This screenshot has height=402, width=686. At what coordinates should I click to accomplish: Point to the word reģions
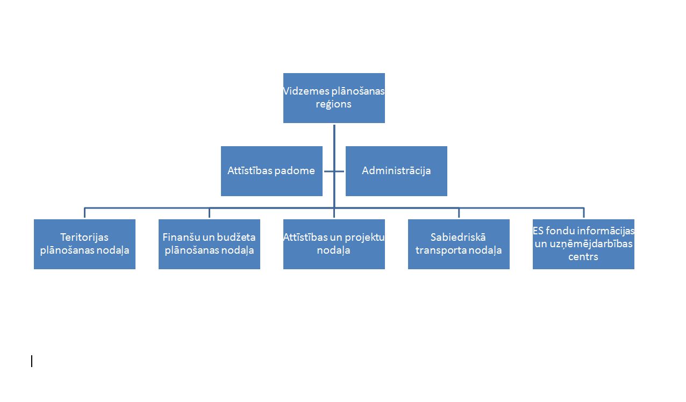pos(334,104)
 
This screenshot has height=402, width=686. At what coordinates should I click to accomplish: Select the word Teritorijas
pos(84,238)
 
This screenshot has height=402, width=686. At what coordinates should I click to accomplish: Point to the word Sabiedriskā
pos(459,238)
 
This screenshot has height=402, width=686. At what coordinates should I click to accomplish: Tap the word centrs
pos(583,257)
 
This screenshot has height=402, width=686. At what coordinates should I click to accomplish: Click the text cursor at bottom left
pos(32,361)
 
